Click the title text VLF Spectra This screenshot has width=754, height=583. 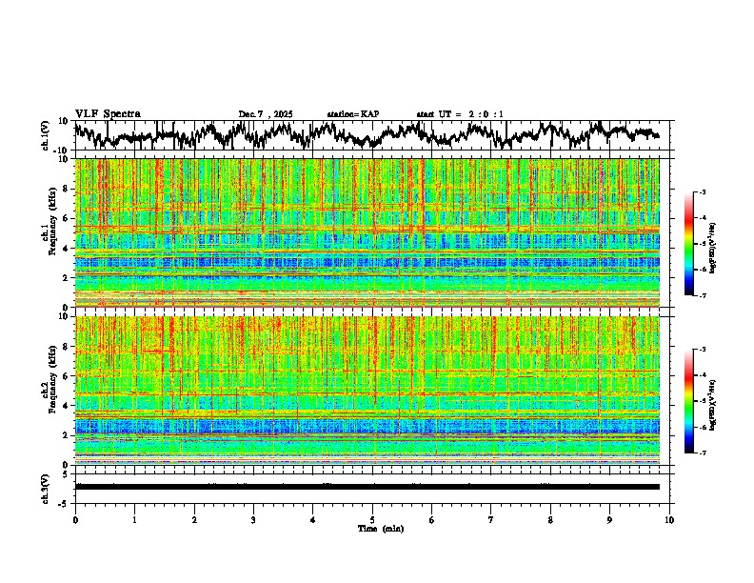(108, 113)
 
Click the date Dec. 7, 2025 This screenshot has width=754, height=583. (266, 114)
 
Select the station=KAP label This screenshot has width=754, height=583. (352, 114)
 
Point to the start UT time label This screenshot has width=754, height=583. (460, 114)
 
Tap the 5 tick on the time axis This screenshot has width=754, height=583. (372, 520)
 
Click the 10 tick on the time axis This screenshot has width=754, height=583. (669, 520)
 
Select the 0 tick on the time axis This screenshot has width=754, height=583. (75, 520)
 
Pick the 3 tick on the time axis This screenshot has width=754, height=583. (253, 520)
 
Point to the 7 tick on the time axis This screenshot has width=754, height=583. (491, 520)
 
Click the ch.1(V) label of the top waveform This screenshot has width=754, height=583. (46, 136)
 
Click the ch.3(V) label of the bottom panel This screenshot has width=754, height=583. (46, 487)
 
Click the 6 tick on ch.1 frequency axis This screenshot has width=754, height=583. (68, 218)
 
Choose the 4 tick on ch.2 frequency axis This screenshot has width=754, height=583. (68, 406)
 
